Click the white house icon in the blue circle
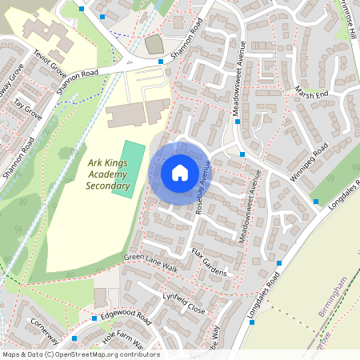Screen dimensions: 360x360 coord(180,172)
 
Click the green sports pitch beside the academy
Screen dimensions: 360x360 coord(126,168)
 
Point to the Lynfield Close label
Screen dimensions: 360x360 coord(184,303)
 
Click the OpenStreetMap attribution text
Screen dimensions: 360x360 coord(80,354)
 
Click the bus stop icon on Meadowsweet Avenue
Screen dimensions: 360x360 coord(242,154)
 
